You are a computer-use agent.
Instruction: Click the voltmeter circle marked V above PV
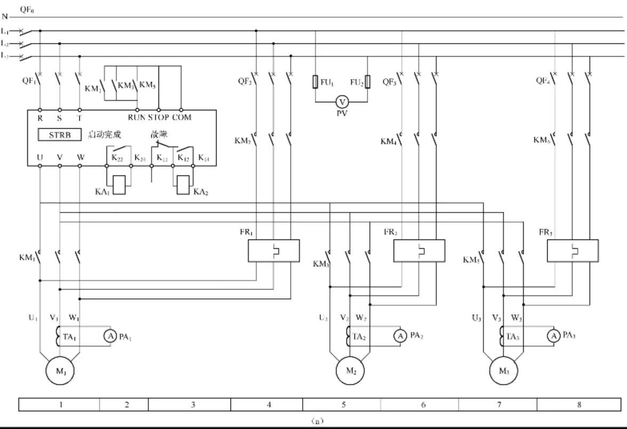342,101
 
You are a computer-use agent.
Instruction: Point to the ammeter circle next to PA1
110,336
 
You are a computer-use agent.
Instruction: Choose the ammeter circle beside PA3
554,336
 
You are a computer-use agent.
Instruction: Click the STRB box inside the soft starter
59,135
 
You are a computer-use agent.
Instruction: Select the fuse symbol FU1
315,82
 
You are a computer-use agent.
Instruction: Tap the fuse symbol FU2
367,82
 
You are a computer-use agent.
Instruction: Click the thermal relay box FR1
274,251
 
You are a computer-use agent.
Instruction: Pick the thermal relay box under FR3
573,251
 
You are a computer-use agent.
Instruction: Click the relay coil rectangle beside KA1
119,185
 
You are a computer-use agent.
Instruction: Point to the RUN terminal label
136,117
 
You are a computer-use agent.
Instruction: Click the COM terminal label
181,117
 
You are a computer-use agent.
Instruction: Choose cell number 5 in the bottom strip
343,405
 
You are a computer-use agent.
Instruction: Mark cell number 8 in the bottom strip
579,405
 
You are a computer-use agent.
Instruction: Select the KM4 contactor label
388,141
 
